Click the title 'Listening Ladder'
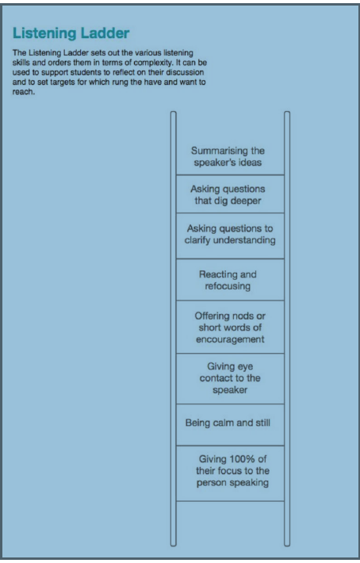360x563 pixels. [x=71, y=33]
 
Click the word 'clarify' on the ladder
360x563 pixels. [x=197, y=240]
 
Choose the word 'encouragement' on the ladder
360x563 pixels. [x=230, y=339]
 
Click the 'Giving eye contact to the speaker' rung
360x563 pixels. [x=230, y=378]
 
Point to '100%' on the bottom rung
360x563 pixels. [x=242, y=459]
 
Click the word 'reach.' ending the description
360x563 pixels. [x=24, y=91]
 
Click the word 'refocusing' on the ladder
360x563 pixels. [x=228, y=286]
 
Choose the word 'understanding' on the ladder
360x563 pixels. [x=244, y=240]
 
